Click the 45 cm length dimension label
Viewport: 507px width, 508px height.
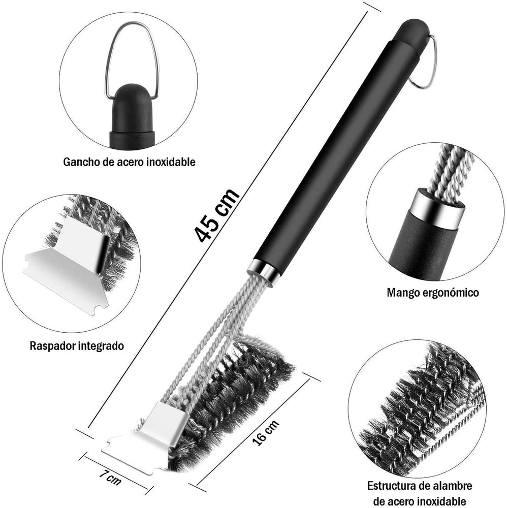[x=216, y=215]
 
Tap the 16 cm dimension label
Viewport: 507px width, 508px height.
[x=266, y=433]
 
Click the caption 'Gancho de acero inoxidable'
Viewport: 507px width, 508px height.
[x=129, y=162]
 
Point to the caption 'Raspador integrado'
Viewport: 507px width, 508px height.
[x=77, y=345]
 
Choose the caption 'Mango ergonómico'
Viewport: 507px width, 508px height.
[x=433, y=293]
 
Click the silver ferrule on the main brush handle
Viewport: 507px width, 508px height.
[x=263, y=270]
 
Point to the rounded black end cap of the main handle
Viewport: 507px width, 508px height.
[x=413, y=31]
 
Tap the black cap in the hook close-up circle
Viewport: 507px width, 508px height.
[x=132, y=117]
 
